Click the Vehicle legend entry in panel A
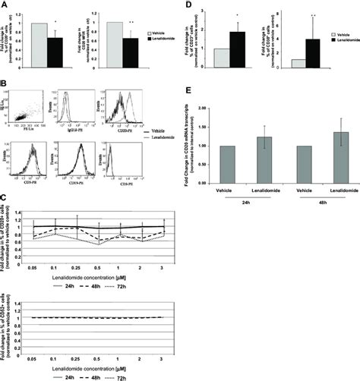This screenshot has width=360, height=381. pos(160,33)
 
